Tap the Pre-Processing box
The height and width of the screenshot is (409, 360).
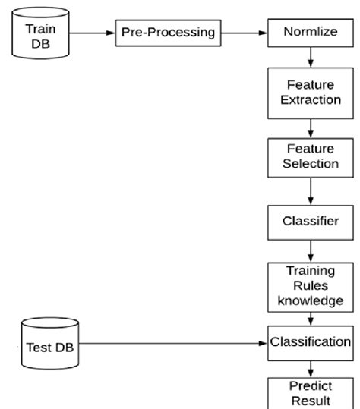pos(167,33)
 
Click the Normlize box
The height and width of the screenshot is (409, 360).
pos(310,33)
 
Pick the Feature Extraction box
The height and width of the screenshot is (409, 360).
pos(310,92)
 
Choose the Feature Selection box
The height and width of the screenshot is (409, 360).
pos(310,156)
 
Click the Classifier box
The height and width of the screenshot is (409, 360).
pos(310,222)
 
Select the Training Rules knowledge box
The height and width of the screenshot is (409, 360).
pos(310,285)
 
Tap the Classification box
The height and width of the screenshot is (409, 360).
pos(310,342)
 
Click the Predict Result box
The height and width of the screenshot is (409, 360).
pos(310,392)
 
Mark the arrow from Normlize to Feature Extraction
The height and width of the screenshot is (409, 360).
pos(310,58)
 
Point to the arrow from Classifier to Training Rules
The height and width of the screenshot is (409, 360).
pos(310,250)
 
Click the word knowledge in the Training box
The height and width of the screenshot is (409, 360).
pos(310,300)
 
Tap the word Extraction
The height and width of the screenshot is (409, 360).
pos(310,99)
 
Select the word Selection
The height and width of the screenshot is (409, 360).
pos(310,164)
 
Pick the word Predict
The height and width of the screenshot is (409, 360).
pos(310,385)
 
